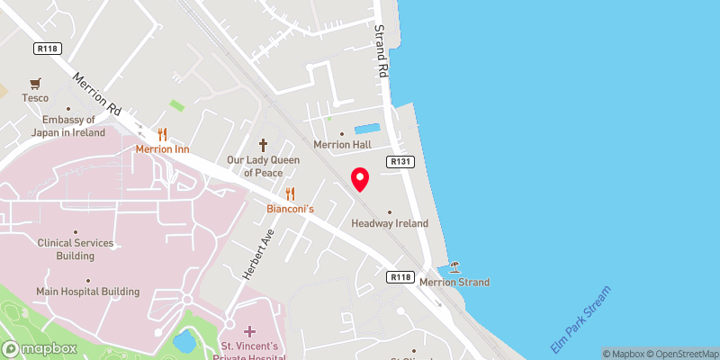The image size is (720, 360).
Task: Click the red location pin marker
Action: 360,179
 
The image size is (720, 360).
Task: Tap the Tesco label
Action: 35,98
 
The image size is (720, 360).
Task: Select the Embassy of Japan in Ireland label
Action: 67,126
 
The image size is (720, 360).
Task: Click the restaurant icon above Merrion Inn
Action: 162,134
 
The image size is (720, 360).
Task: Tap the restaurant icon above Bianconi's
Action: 290,193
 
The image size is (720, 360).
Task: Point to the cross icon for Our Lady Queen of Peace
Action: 264,144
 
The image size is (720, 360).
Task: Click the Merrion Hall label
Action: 342,145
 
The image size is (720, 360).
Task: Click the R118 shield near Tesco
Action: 47,49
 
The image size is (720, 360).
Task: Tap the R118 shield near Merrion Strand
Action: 401,277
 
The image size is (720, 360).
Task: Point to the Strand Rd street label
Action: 381,49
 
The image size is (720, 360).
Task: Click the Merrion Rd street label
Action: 97,93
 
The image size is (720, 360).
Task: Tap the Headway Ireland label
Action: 389,223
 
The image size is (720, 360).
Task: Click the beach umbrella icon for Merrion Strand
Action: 454,267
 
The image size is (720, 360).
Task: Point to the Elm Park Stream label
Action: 581,319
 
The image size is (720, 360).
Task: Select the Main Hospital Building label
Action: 88,292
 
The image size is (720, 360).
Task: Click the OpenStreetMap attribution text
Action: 679,354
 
